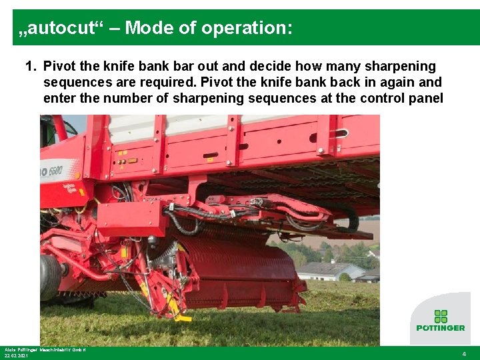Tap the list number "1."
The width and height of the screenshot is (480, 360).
point(31,67)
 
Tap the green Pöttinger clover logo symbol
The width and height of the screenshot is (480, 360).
point(440,316)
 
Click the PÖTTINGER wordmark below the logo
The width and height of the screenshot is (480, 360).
point(440,328)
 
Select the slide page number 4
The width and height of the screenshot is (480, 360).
point(464,354)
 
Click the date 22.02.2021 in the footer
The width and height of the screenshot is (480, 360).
point(17,356)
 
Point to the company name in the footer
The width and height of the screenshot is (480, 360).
point(45,349)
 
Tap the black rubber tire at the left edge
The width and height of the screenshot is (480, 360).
point(50,276)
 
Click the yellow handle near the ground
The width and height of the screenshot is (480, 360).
point(175,312)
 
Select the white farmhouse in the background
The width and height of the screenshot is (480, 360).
point(330,271)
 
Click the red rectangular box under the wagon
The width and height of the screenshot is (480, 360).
point(131,219)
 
